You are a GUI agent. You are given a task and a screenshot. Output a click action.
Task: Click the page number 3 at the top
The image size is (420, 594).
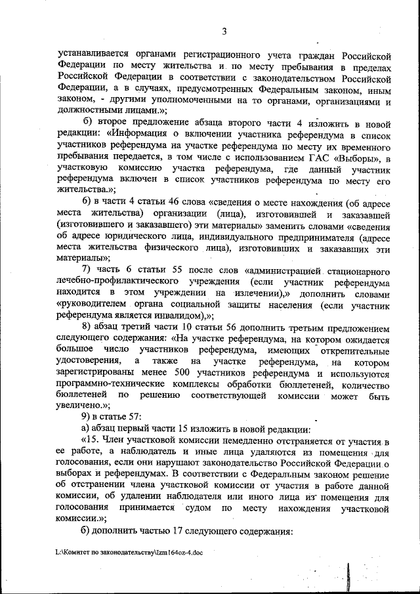coord(224,31)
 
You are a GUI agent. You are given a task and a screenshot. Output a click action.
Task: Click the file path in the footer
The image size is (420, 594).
coord(129,553)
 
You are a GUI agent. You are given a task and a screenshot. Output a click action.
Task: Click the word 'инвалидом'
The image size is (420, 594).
coord(190,314)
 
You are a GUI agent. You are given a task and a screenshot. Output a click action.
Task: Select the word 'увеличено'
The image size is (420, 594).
coord(81,407)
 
